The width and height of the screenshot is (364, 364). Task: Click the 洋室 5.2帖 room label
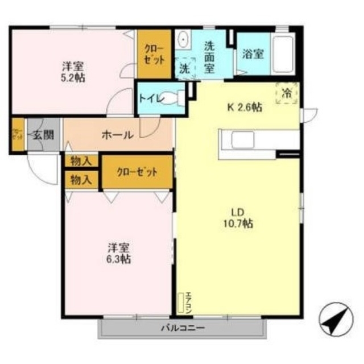73,71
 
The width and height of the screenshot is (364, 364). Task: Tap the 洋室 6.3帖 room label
119,254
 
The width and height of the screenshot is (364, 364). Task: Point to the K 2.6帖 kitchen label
245,106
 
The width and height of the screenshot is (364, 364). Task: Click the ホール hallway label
118,135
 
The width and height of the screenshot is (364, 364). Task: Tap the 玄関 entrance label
42,135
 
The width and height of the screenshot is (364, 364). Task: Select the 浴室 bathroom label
253,54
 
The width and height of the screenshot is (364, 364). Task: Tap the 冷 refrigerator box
286,92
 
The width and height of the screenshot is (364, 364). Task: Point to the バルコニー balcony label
182,328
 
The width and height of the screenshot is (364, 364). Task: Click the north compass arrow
334,320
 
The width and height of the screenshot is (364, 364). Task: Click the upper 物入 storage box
81,161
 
